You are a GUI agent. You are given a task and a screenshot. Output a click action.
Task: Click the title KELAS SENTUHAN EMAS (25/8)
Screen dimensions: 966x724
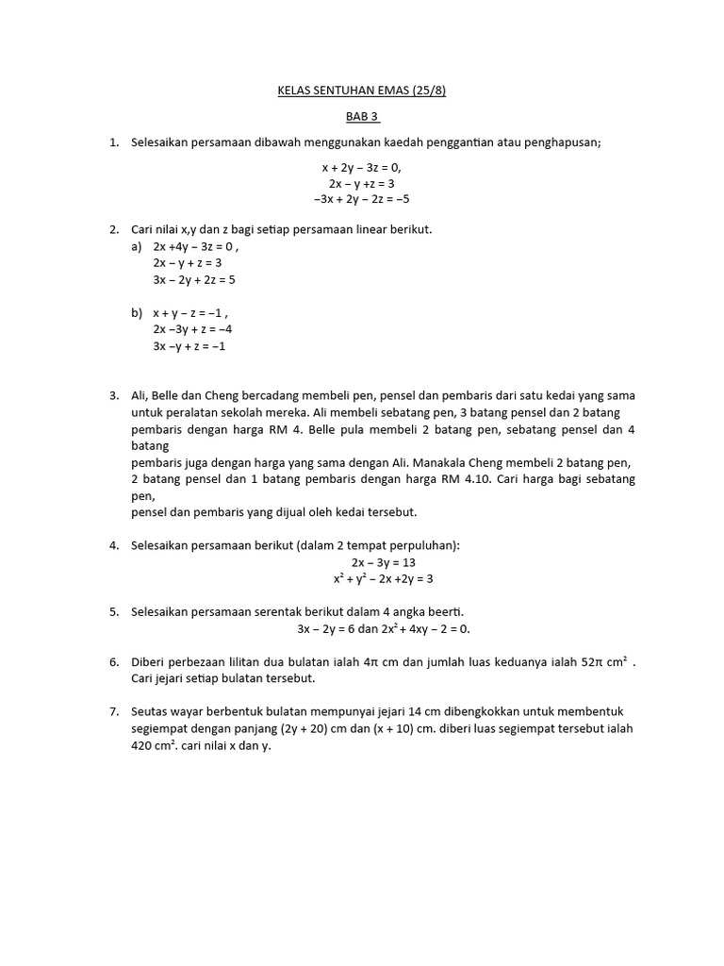(x=361, y=92)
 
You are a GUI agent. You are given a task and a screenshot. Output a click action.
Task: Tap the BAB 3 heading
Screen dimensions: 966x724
(x=361, y=117)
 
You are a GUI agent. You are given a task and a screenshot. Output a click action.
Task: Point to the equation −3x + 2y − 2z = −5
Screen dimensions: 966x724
(x=361, y=199)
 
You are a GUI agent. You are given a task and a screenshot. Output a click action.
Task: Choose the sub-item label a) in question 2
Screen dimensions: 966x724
(x=138, y=247)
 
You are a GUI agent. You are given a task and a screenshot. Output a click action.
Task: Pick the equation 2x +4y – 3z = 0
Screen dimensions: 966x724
(x=195, y=247)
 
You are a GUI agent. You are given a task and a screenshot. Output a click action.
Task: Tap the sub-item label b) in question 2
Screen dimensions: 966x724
(x=138, y=313)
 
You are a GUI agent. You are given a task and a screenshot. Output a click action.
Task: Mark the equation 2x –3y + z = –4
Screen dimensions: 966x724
(x=192, y=329)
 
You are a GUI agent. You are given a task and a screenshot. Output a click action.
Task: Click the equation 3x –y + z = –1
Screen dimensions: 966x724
(x=189, y=346)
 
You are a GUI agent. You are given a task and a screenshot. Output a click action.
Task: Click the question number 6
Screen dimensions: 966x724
(x=113, y=662)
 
